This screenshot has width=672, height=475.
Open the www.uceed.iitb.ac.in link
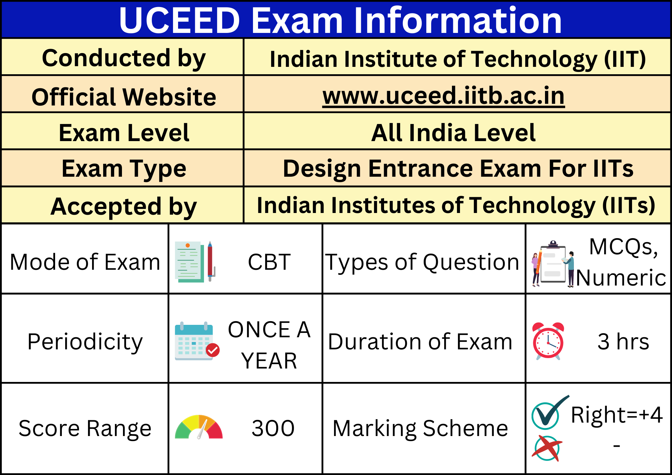pos(444,96)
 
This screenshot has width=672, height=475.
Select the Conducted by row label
pos(124,58)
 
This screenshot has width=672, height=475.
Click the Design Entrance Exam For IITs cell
pos(458,168)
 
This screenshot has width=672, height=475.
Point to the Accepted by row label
pos(124,206)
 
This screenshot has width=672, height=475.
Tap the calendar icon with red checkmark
pos(197,341)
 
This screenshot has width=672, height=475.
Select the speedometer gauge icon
pos(199,427)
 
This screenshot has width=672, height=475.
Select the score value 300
pos(273,428)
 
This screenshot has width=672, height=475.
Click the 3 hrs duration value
pos(623,342)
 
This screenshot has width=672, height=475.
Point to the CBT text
pos(269,262)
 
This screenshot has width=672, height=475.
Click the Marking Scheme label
pos(420,428)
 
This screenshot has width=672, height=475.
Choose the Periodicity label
pos(85,342)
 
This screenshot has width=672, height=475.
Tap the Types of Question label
pos(422,262)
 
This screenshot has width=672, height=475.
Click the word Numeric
pos(621,278)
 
